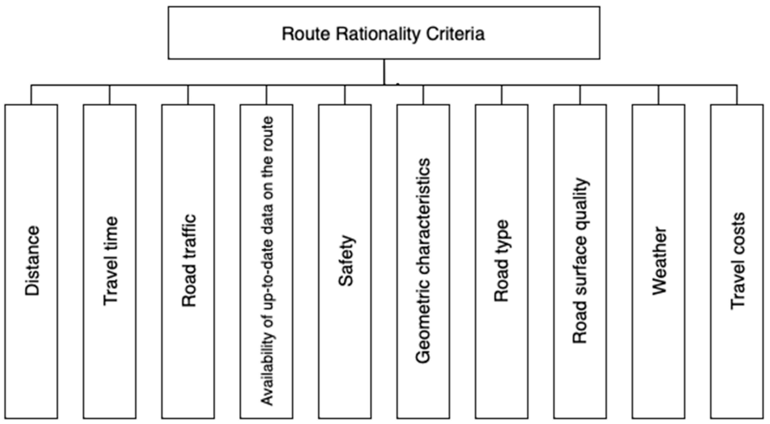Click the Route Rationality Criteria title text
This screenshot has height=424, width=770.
click(383, 34)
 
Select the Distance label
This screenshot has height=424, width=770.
click(32, 261)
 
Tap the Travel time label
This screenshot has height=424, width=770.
click(110, 261)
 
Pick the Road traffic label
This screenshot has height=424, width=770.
click(189, 261)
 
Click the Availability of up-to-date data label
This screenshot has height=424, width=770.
click(267, 261)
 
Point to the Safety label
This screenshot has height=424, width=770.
click(346, 261)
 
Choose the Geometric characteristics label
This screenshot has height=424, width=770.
click(423, 261)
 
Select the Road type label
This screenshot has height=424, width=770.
click(501, 261)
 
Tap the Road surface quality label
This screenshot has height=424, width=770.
click(580, 261)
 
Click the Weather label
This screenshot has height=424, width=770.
click(659, 261)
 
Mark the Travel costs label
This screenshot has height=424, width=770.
click(737, 261)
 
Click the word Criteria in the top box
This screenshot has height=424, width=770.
click(455, 34)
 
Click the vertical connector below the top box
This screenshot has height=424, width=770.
click(384, 72)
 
